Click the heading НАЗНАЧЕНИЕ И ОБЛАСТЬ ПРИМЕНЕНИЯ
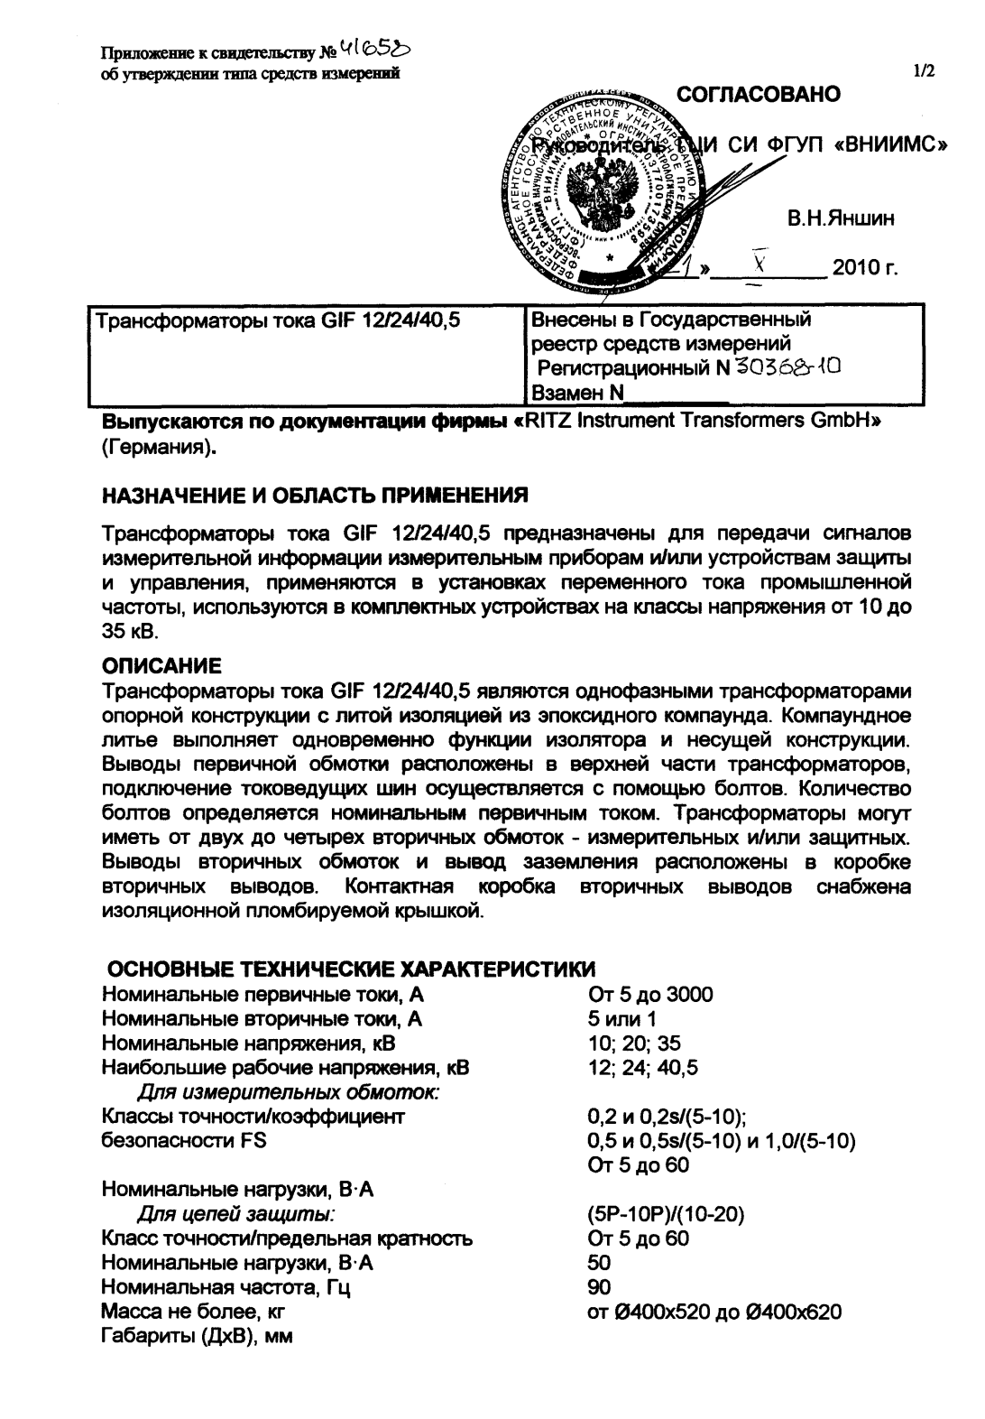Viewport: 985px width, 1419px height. click(x=314, y=497)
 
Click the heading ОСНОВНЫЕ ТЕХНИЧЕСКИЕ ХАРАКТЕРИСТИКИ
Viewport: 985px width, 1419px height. click(x=351, y=970)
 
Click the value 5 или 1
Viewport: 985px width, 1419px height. click(x=621, y=1019)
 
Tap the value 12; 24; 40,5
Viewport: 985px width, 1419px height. click(x=641, y=1069)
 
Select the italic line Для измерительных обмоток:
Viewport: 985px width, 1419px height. click(x=288, y=1093)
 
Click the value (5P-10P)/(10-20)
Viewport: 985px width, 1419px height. click(x=665, y=1215)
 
